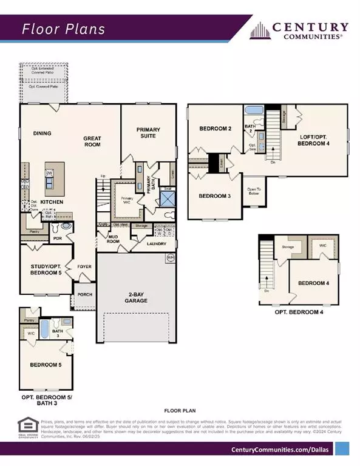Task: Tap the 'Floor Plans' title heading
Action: point(64,29)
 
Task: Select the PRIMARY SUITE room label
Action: point(147,132)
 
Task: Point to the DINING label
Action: point(42,133)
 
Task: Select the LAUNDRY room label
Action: point(156,244)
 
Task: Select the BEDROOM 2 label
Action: point(216,129)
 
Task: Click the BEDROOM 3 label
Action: point(216,195)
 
